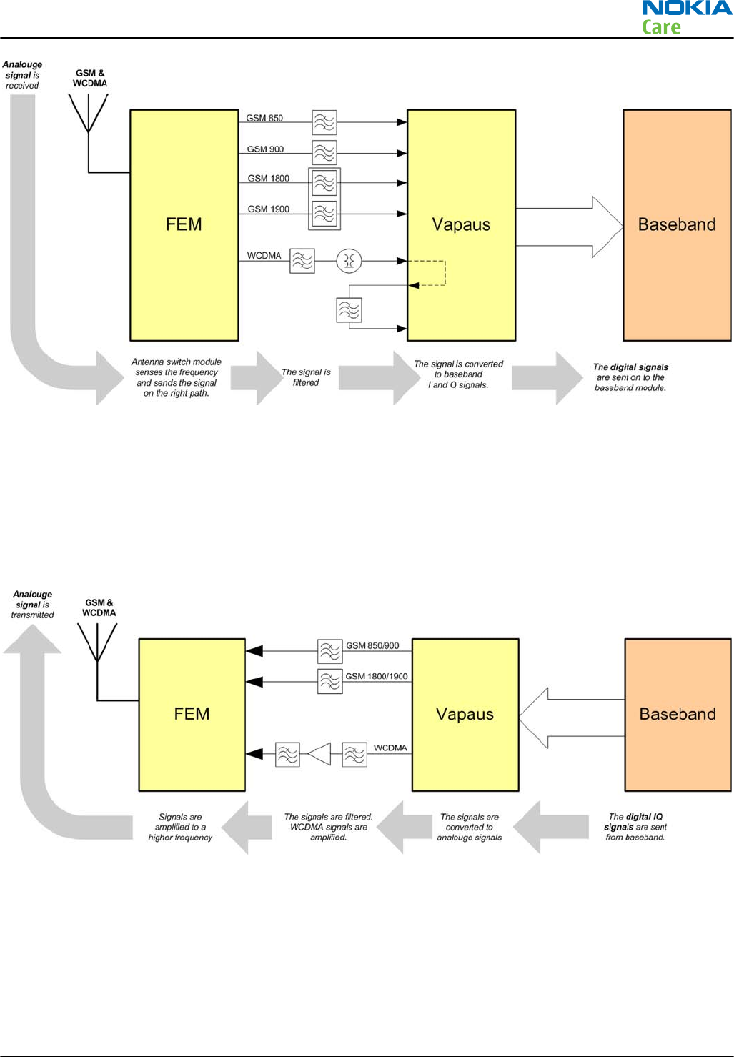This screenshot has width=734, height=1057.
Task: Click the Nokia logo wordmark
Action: point(687,9)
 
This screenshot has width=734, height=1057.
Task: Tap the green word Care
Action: point(661,28)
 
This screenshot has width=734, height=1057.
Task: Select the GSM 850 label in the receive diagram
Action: point(264,118)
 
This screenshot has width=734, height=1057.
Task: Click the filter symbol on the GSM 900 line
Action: point(324,153)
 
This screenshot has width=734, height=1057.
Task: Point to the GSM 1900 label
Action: point(269,209)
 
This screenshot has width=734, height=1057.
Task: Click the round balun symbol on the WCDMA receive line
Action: point(349,261)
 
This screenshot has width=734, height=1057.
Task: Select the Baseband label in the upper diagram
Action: point(677,224)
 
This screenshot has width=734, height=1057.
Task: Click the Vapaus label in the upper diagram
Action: point(461,224)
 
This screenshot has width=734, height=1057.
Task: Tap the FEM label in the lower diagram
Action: point(192,714)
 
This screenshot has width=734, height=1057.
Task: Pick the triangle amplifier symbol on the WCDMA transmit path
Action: point(320,754)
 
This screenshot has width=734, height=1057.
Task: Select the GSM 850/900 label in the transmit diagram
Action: point(372,645)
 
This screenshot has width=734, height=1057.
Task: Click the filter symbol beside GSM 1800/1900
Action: point(330,682)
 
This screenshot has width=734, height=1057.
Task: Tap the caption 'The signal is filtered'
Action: point(306,377)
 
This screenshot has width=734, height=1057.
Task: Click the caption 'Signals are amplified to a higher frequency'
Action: point(180,827)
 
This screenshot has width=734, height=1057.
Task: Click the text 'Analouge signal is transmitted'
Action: point(33,605)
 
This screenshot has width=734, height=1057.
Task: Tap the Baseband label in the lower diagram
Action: point(678,714)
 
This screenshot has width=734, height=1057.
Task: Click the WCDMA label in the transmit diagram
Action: point(390,748)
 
